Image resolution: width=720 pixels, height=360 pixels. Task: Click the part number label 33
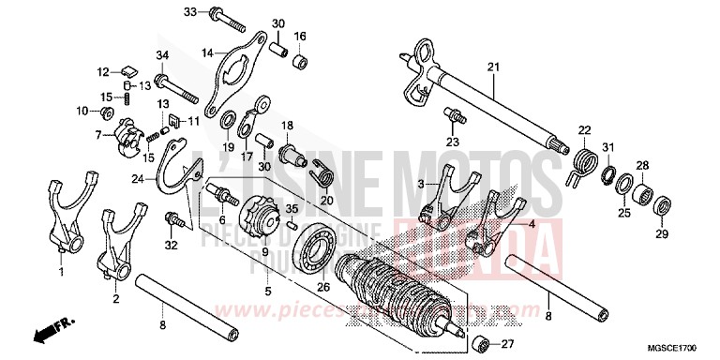188,12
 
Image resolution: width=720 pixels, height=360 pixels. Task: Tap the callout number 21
493,67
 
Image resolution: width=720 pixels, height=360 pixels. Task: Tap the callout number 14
207,52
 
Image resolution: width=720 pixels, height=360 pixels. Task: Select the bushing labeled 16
299,63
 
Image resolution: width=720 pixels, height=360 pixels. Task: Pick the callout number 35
292,208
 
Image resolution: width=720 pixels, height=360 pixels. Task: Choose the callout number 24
138,177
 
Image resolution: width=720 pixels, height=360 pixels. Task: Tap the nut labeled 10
106,112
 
